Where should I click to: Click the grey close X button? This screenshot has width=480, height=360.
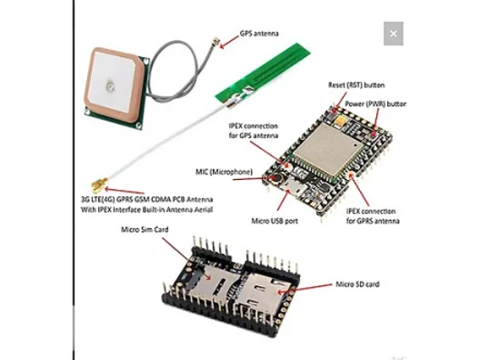click(394, 34)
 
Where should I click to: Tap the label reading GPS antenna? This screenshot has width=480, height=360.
click(259, 34)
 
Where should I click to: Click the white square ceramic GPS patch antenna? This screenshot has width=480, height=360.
click(114, 85)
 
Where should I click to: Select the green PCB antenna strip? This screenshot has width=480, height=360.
click(264, 75)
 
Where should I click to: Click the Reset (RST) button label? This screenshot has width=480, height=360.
click(356, 85)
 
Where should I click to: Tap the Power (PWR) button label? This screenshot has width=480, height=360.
click(375, 104)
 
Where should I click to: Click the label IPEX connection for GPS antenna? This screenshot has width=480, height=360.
click(254, 131)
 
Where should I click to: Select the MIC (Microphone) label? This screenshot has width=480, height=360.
click(224, 172)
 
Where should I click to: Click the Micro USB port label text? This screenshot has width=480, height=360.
click(275, 221)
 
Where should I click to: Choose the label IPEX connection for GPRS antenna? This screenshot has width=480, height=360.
click(373, 216)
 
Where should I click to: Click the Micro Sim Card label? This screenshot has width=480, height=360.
click(145, 230)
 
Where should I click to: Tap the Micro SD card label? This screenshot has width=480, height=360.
click(357, 285)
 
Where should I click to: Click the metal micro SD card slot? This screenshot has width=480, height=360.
click(263, 293)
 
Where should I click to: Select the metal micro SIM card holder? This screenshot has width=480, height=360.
click(214, 283)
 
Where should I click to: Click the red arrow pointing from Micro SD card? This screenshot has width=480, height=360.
click(307, 289)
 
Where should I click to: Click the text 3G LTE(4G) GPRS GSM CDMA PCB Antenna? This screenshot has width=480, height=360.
click(147, 200)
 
